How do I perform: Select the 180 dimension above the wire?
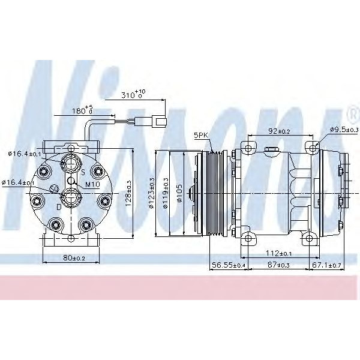point(83,110)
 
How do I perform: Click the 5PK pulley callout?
point(200,136)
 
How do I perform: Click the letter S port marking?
point(83,172)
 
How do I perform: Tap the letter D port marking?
point(58,206)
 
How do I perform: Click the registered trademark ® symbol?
point(352,112)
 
